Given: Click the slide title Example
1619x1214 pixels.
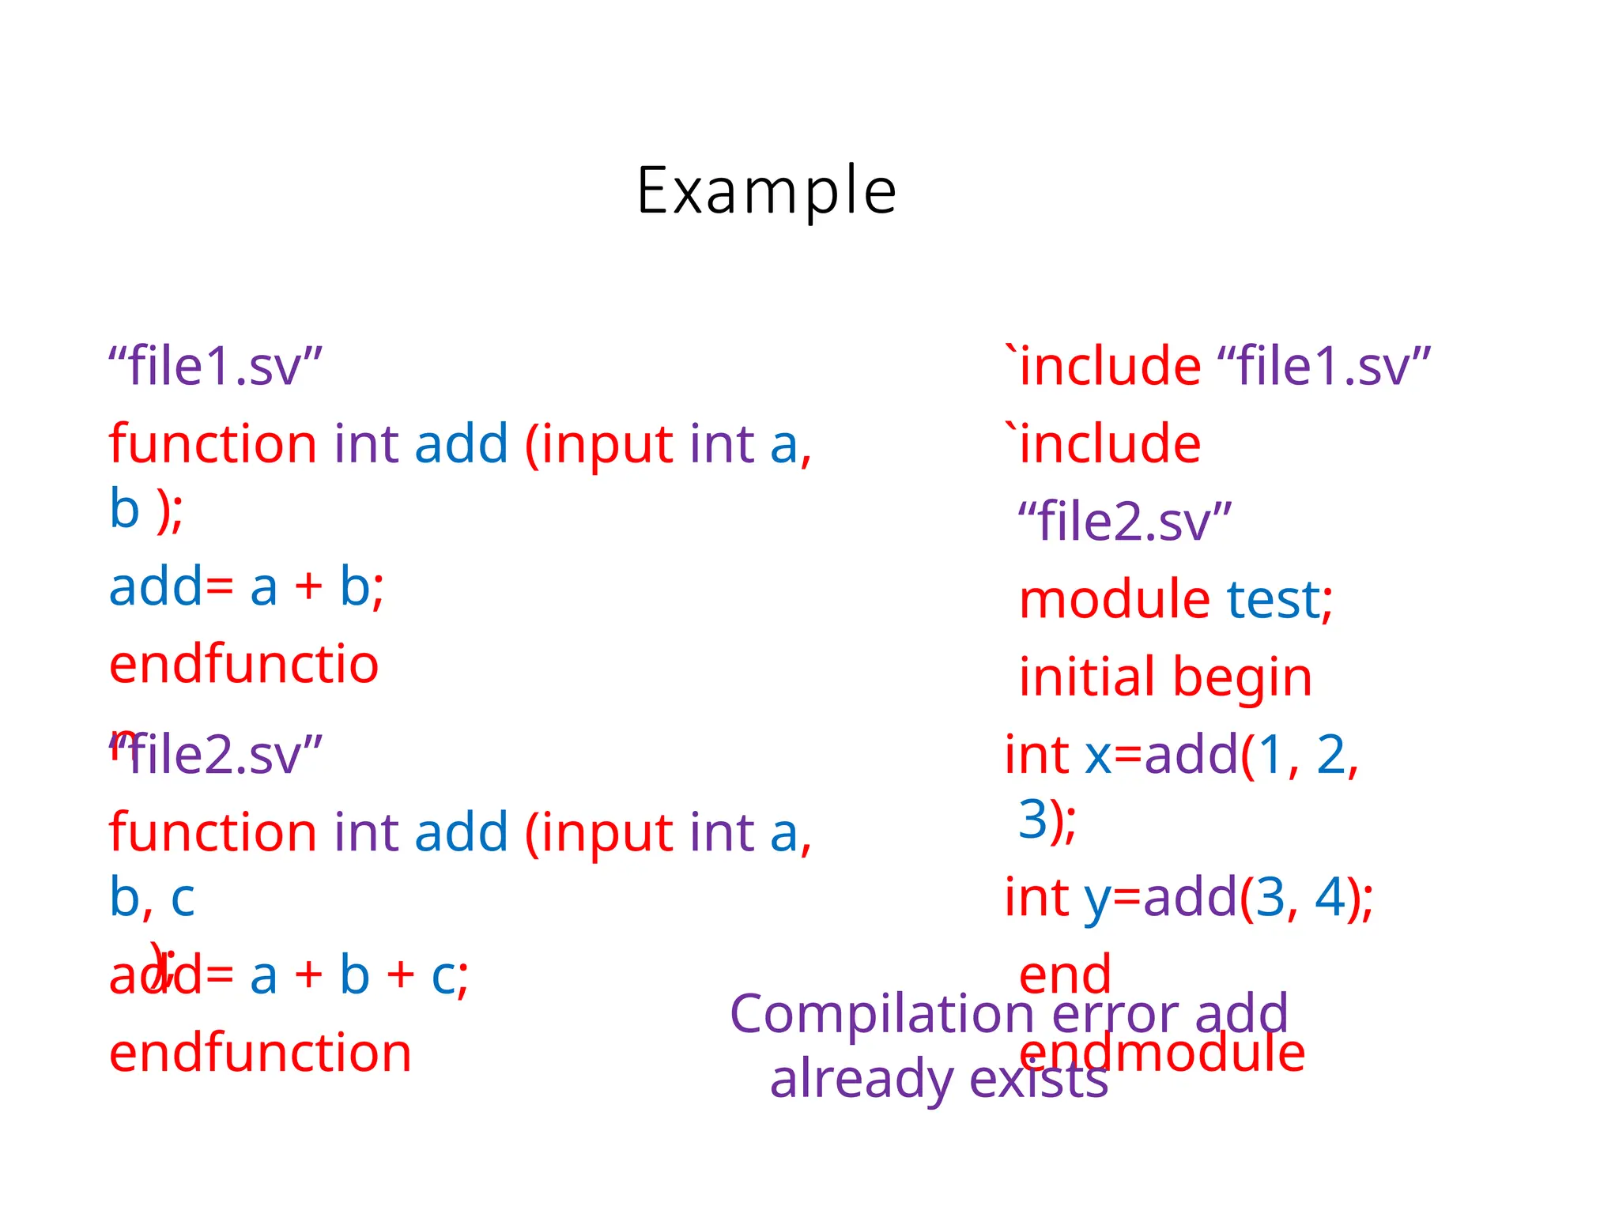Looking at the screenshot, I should [766, 191].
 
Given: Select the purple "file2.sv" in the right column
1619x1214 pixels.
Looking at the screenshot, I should [1124, 522].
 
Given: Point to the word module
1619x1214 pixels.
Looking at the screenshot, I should [1114, 599].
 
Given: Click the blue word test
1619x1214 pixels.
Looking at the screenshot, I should [1273, 599].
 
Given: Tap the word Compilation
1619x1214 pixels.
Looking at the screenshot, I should [881, 1014].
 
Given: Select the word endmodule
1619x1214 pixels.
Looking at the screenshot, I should [1162, 1053].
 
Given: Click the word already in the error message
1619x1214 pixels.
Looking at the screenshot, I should [860, 1080].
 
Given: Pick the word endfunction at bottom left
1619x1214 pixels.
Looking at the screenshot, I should [260, 1053].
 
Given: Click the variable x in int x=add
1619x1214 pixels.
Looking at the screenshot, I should [1098, 755].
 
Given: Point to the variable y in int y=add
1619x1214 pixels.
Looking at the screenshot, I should [1097, 899].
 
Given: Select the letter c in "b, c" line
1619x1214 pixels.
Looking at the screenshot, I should [183, 899].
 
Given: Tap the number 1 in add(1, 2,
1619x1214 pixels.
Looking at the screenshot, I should [1270, 755].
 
